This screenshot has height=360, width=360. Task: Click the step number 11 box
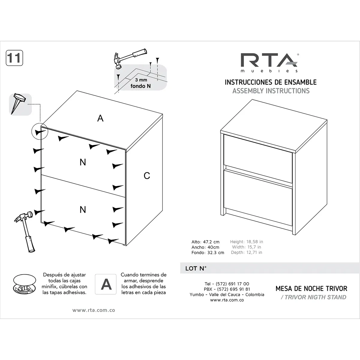[14, 58]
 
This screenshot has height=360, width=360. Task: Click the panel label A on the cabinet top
[100, 118]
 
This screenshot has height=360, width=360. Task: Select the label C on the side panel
[147, 175]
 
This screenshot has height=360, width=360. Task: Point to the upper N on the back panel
[83, 162]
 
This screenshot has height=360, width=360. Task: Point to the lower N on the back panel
[83, 209]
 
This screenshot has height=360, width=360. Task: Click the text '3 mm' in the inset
[141, 80]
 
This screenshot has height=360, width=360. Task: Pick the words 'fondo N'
[140, 86]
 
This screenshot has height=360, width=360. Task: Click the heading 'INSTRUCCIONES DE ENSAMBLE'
[271, 82]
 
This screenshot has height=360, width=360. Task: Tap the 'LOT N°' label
[196, 268]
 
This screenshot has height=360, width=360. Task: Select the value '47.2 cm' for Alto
[211, 242]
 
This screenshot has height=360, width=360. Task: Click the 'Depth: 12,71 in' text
[247, 253]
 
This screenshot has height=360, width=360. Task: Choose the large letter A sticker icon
[106, 284]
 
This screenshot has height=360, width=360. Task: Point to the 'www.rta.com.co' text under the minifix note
[94, 310]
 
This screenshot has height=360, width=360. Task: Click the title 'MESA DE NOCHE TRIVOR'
[311, 289]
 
